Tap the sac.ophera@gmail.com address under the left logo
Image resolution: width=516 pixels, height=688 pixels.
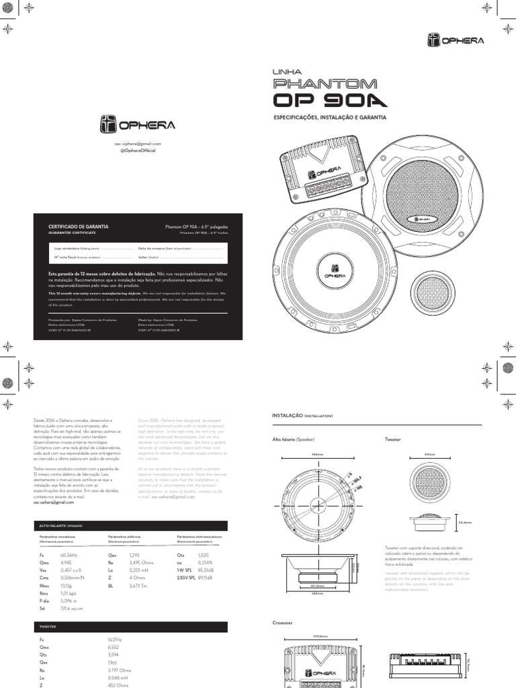(x=137, y=144)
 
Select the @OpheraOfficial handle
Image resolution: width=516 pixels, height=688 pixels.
(x=137, y=150)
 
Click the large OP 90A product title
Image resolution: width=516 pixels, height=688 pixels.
(x=330, y=100)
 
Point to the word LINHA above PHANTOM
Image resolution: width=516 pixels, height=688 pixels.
(x=287, y=71)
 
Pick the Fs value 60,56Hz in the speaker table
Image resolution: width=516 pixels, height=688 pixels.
(x=69, y=556)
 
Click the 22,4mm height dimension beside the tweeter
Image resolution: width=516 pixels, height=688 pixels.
(x=465, y=521)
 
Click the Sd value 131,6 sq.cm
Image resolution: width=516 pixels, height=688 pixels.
(x=71, y=608)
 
